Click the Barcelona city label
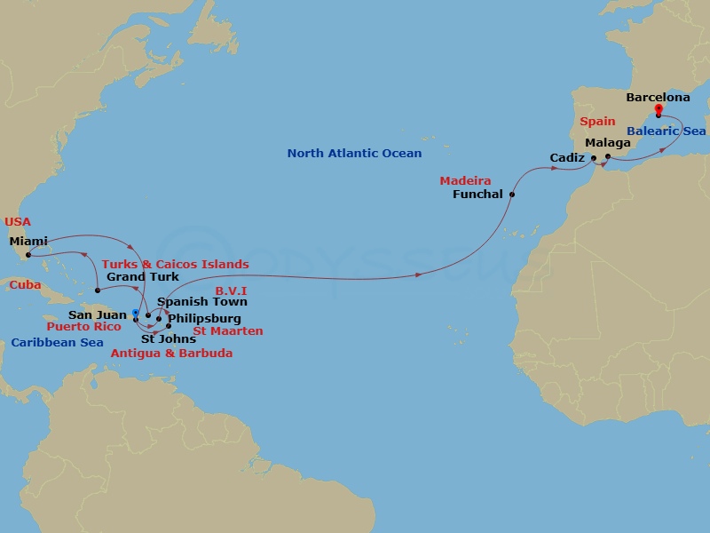pyautogui.click(x=658, y=97)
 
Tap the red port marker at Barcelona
pyautogui.click(x=659, y=111)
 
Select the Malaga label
pyautogui.click(x=608, y=142)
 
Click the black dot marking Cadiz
pyautogui.click(x=594, y=159)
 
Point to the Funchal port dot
pyautogui.click(x=512, y=194)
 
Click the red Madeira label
pyautogui.click(x=465, y=181)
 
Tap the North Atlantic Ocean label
pyautogui.click(x=354, y=154)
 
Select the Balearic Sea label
pyautogui.click(x=666, y=131)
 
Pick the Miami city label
pyautogui.click(x=28, y=241)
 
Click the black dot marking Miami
pyautogui.click(x=28, y=255)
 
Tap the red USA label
pyautogui.click(x=17, y=221)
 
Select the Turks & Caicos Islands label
pyautogui.click(x=175, y=265)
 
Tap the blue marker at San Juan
pyautogui.click(x=135, y=313)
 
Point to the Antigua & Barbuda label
pyautogui.click(x=171, y=353)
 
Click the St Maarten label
pyautogui.click(x=227, y=331)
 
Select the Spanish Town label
pyautogui.click(x=195, y=302)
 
